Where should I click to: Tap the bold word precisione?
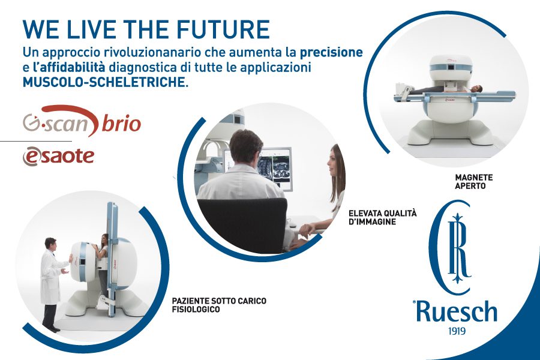(331, 52)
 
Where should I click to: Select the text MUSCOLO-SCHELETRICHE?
(106, 82)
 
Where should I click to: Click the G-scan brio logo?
(82, 121)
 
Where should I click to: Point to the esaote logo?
(58, 156)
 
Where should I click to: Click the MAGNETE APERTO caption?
(473, 182)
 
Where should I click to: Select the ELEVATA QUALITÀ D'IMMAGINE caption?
(383, 217)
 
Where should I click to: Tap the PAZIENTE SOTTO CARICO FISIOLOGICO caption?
(219, 305)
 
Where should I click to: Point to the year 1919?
(457, 331)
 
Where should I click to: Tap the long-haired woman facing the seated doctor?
(328, 193)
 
